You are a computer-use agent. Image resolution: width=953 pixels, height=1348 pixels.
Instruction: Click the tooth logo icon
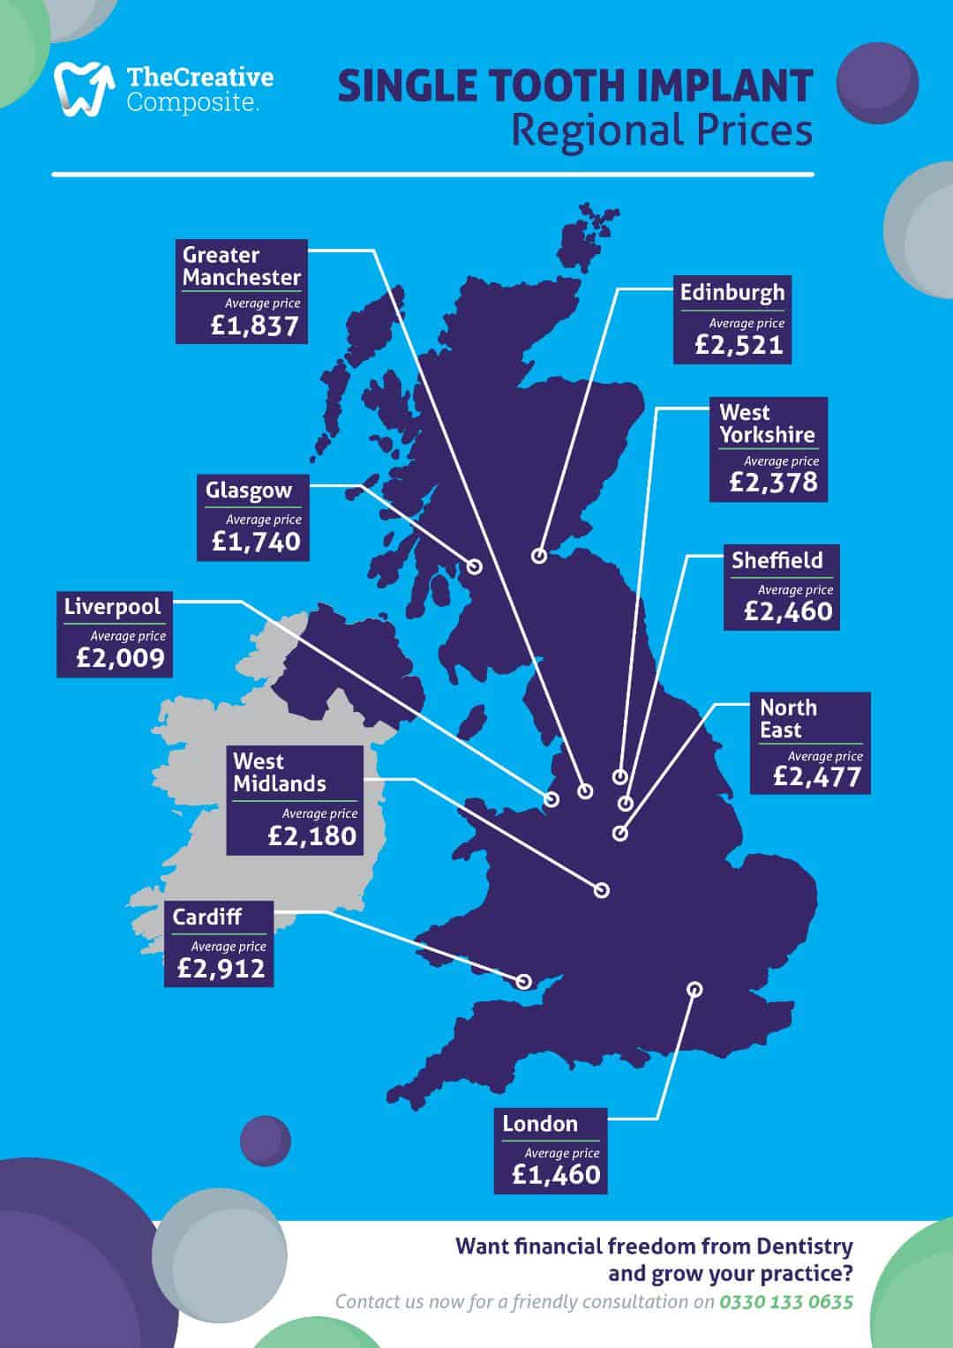(85, 89)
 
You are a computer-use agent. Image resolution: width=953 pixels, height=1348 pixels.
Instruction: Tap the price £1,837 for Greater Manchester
(255, 326)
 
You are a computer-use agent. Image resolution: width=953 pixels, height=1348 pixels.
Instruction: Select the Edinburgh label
(732, 292)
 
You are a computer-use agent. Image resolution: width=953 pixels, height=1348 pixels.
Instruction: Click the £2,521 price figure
(739, 344)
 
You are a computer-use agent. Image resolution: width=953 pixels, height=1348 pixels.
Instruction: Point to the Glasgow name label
(248, 490)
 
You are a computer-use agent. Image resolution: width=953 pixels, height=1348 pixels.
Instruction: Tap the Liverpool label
(112, 607)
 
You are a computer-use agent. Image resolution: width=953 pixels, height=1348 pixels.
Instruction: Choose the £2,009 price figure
(120, 658)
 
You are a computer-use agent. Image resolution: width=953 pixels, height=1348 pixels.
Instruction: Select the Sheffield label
(777, 560)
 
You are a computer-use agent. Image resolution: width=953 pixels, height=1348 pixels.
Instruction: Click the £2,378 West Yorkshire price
(774, 482)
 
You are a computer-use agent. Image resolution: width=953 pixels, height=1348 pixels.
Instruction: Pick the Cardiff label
(206, 917)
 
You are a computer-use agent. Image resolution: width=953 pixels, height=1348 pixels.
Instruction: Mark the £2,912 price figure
(221, 969)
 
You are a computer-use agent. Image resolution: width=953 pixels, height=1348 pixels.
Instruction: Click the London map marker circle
(694, 989)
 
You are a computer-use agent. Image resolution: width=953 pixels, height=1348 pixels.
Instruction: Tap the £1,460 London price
(556, 1174)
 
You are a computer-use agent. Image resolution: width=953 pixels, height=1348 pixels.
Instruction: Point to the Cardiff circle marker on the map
(524, 980)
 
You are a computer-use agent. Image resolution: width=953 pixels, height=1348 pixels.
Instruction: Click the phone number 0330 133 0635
(786, 1301)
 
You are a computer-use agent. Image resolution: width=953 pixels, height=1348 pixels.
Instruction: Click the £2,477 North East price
(816, 776)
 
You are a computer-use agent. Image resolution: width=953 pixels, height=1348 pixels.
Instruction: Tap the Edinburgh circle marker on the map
(539, 555)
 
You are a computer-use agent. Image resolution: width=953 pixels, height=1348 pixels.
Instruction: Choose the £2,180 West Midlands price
(312, 835)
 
